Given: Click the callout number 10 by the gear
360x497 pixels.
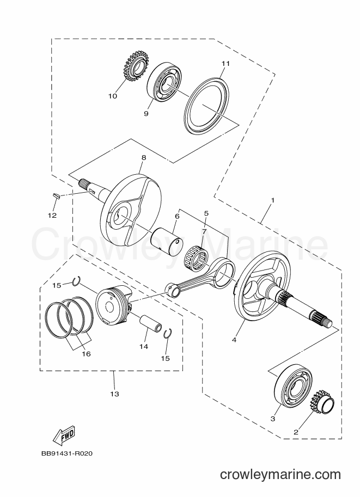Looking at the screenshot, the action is (x=113, y=96).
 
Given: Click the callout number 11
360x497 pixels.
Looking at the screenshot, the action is (x=225, y=63).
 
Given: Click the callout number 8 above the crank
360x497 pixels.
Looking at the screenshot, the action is (x=144, y=157).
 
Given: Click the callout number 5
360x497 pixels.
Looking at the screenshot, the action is (x=206, y=213).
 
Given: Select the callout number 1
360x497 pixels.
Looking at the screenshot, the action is (x=272, y=200).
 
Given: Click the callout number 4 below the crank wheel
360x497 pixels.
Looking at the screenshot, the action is (x=234, y=340).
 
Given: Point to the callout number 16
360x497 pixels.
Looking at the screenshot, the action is (x=86, y=354).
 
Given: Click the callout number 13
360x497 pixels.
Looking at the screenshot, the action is (x=114, y=394).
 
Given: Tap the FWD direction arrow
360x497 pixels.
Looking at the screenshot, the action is (x=63, y=434).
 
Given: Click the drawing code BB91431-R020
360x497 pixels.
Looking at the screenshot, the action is (x=67, y=453).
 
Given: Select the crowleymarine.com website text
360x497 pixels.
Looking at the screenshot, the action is (x=280, y=474).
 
